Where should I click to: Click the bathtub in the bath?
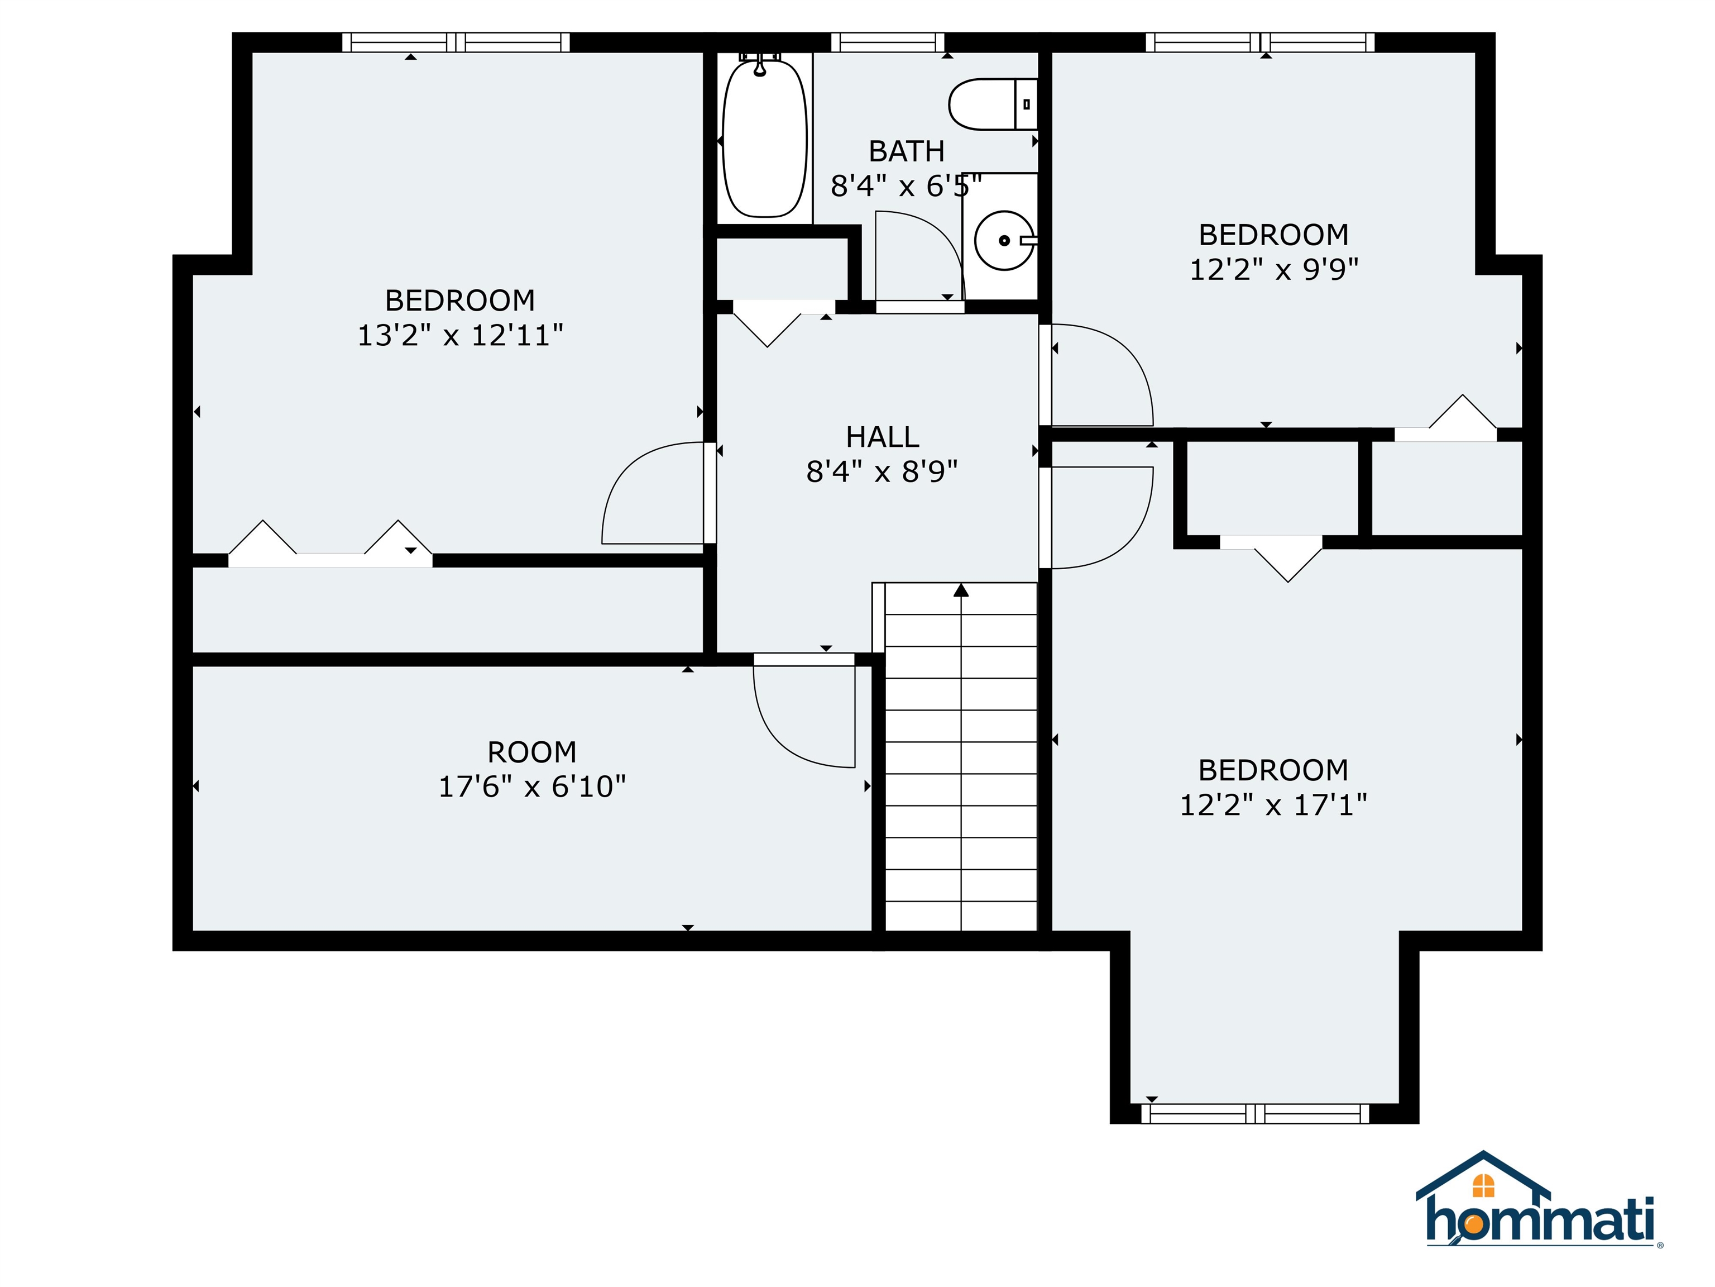pyautogui.click(x=764, y=137)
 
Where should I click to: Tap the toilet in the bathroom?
pyautogui.click(x=993, y=104)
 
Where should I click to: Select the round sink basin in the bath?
pyautogui.click(x=1004, y=241)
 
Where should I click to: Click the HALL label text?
pyautogui.click(x=882, y=437)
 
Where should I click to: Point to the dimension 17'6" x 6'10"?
pyautogui.click(x=532, y=786)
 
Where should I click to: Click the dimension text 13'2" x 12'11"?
pyautogui.click(x=460, y=335)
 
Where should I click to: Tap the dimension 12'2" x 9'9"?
pyautogui.click(x=1274, y=269)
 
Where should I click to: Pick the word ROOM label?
pyautogui.click(x=532, y=752)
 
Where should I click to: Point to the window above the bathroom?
pyautogui.click(x=888, y=42)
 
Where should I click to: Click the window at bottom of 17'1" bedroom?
pyautogui.click(x=1255, y=1114)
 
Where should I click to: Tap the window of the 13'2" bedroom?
pyautogui.click(x=456, y=42)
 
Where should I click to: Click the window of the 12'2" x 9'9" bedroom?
pyautogui.click(x=1260, y=42)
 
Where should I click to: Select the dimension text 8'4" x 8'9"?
pyautogui.click(x=882, y=471)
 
